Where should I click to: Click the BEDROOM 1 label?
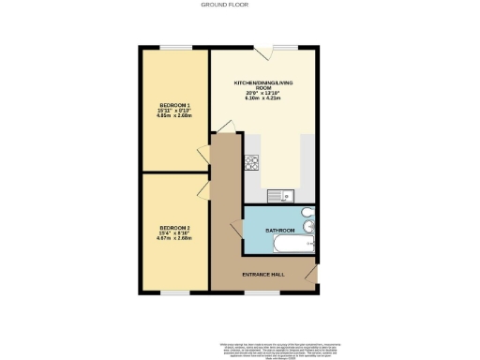(x=175, y=104)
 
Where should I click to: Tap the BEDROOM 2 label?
(x=174, y=227)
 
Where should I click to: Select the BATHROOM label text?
(x=280, y=230)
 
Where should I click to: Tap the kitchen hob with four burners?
(x=251, y=162)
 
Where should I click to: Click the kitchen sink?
(x=278, y=196)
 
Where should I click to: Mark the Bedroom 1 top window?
(x=174, y=47)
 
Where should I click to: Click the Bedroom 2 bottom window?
(x=174, y=291)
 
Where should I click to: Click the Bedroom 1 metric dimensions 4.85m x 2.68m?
(x=175, y=117)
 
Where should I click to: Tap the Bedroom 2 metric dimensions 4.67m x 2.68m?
(x=174, y=239)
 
